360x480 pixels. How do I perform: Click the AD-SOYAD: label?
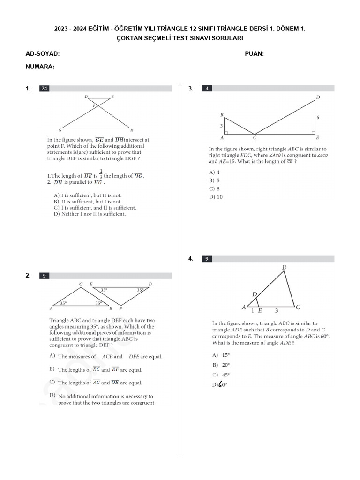[x=43, y=54]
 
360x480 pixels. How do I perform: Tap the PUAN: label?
[x=254, y=54]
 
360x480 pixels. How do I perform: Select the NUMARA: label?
[x=40, y=67]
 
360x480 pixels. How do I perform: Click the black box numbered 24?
[x=44, y=88]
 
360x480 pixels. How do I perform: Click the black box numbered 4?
[x=207, y=88]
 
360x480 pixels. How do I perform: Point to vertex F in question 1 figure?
[x=94, y=106]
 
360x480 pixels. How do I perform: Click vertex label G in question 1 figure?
[x=60, y=130]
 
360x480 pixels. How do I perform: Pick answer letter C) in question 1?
[x=57, y=208]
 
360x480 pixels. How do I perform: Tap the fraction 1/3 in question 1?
[x=100, y=174]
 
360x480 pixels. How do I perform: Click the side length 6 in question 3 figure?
[x=318, y=118]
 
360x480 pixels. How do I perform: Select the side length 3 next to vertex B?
[x=221, y=126]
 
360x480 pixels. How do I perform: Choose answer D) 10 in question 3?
[x=216, y=197]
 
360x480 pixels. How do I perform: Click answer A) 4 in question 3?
[x=215, y=172]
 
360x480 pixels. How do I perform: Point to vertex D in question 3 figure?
[x=318, y=97]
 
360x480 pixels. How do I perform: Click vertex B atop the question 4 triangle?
[x=283, y=267]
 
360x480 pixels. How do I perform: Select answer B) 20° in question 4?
[x=220, y=365]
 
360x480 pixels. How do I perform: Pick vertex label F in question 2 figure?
[x=120, y=309]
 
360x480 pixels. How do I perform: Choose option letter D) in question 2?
[x=52, y=396]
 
